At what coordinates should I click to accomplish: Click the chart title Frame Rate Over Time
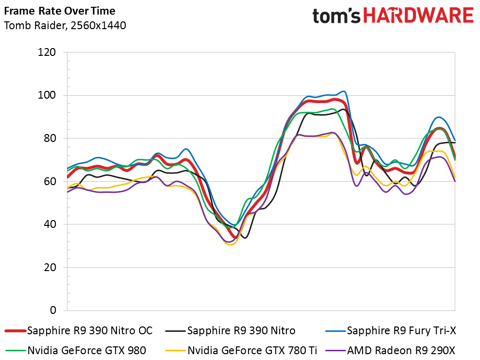point(60,11)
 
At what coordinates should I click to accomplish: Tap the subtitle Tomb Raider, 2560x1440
point(65,25)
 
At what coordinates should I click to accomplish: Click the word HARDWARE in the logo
point(418,16)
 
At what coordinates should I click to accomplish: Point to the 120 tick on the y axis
point(47,52)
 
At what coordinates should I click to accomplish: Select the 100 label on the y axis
point(47,95)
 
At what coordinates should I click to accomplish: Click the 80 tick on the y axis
point(50,138)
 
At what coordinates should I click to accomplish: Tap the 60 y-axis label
point(50,181)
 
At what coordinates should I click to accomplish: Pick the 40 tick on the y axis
point(50,224)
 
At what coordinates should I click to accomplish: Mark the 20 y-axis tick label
point(50,267)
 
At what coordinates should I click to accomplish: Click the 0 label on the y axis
point(53,310)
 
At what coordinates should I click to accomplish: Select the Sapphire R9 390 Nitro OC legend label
point(90,330)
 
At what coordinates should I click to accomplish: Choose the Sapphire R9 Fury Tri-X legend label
point(401,330)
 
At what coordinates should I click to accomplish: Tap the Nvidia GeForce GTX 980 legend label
point(86,350)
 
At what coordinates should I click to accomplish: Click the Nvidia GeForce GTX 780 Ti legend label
point(252,350)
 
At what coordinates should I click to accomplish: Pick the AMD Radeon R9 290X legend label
point(401,350)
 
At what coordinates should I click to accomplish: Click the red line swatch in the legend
point(16,331)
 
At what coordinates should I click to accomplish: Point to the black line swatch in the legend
point(175,331)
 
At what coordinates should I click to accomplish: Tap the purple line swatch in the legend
point(336,350)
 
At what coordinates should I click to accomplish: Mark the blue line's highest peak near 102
point(344,91)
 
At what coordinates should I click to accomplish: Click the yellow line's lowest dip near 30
point(230,244)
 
